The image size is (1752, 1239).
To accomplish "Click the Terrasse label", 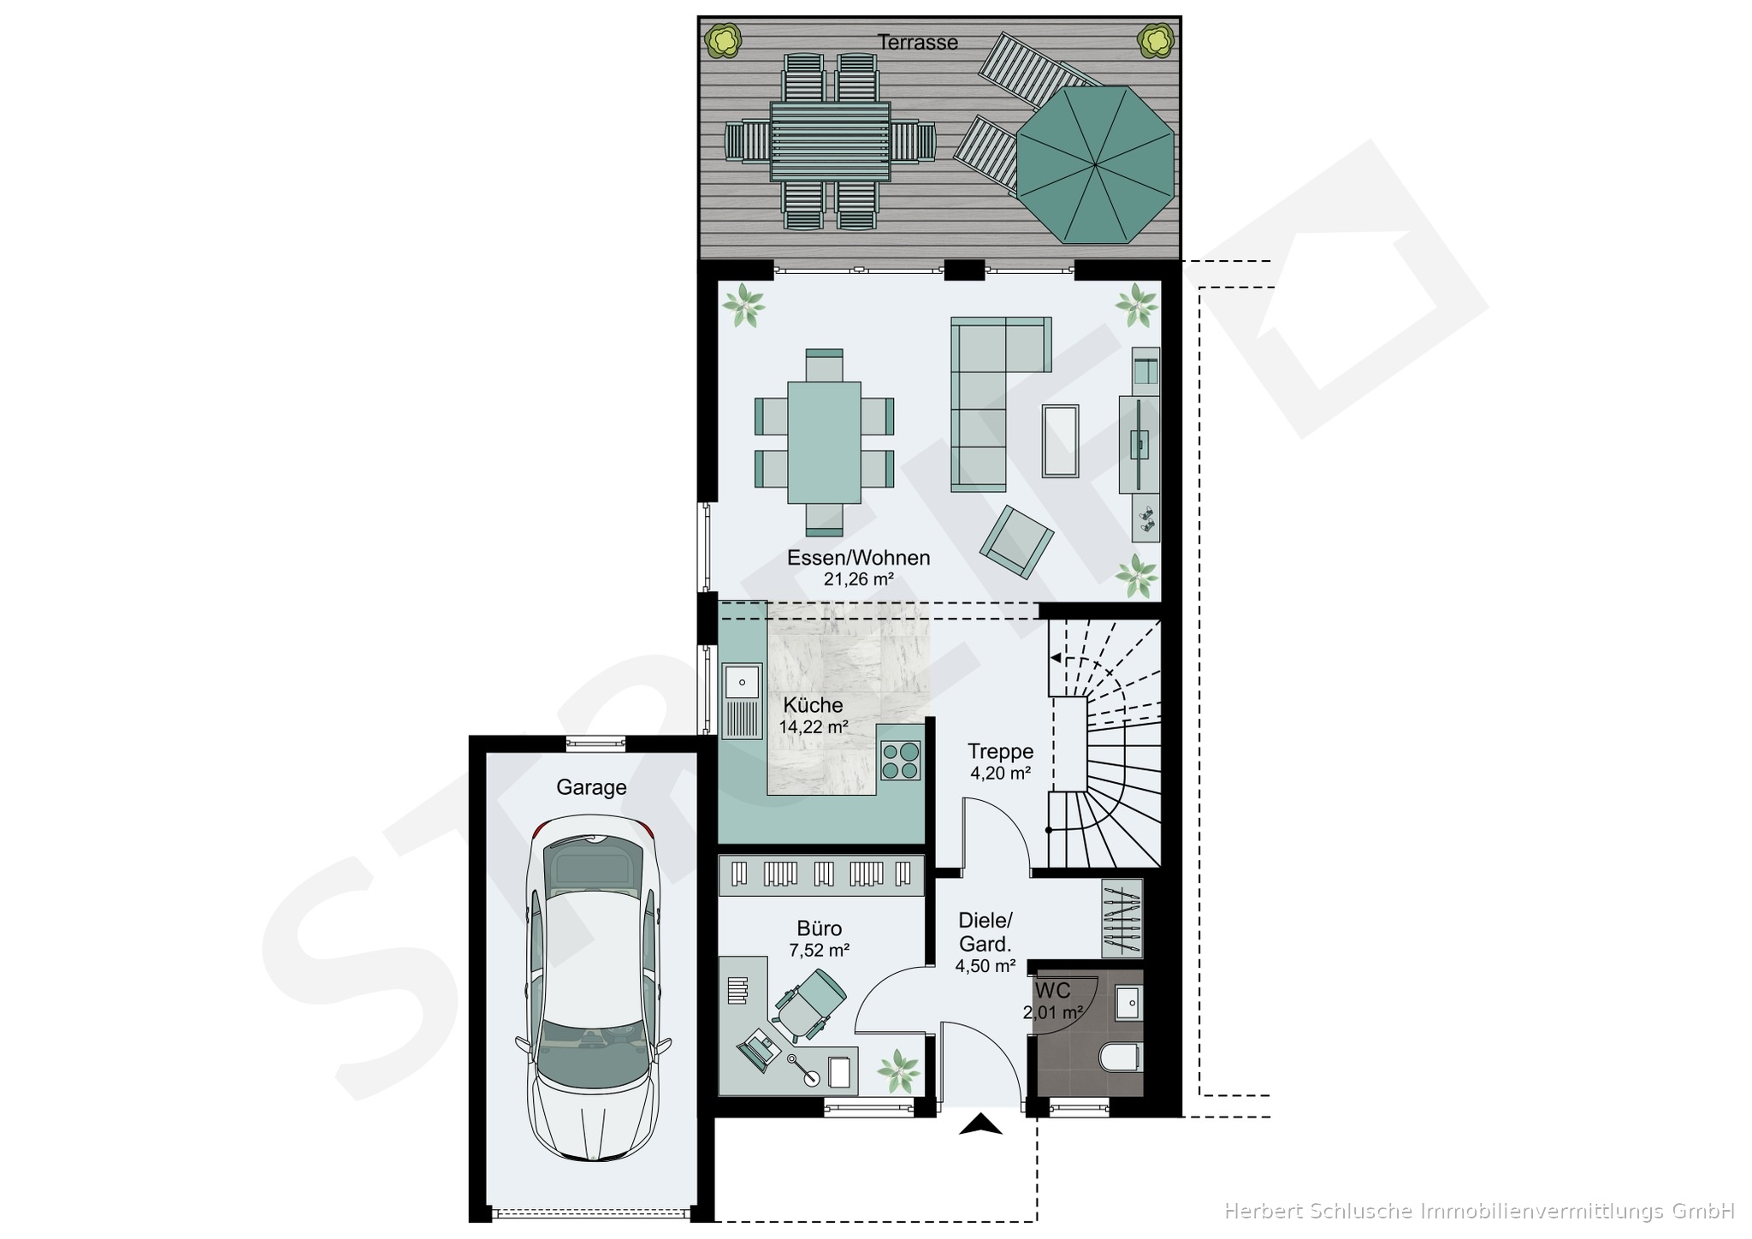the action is point(918,42).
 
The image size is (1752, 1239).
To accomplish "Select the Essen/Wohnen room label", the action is point(858,558).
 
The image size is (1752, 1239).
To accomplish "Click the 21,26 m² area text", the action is point(858,579).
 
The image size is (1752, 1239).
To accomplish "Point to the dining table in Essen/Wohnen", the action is point(825,442).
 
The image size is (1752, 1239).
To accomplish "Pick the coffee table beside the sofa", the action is point(1060,440).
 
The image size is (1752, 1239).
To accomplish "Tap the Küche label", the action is point(813,705).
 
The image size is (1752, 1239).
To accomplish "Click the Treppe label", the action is point(1000,751).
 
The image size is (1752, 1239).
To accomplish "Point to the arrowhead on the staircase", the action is point(1056,658).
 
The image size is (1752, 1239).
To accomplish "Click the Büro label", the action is point(820,928).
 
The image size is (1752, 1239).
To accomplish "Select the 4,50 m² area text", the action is point(985,966).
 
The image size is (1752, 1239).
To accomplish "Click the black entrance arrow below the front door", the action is point(980,1124).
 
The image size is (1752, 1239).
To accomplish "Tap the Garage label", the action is point(591,787).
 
